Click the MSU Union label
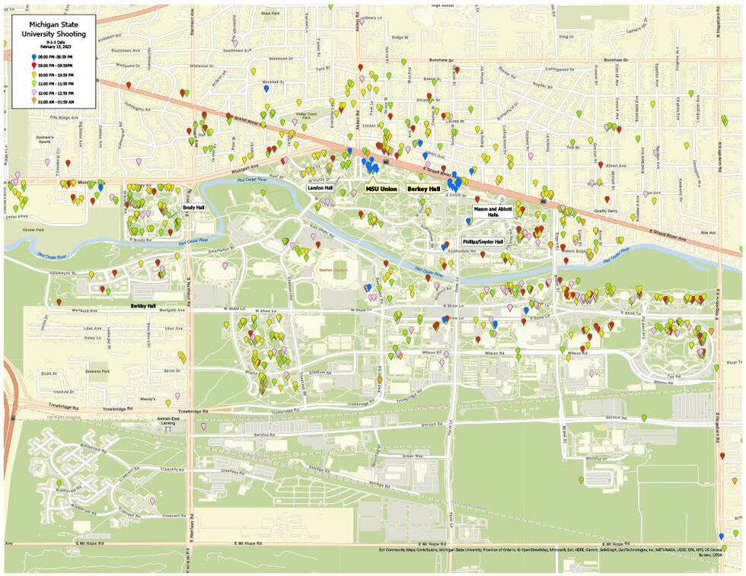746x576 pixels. [381, 188]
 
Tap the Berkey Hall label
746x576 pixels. [423, 188]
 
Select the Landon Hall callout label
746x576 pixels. [320, 187]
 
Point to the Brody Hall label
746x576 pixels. [193, 207]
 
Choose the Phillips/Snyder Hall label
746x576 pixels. [483, 241]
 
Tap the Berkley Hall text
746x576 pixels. [142, 306]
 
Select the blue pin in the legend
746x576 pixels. [33, 57]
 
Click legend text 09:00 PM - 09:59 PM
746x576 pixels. [58, 66]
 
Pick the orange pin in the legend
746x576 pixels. [33, 101]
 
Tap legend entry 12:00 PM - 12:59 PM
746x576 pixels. [58, 92]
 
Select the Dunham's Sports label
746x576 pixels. [47, 138]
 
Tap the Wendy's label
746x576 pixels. [148, 399]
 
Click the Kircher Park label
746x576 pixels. [33, 228]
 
